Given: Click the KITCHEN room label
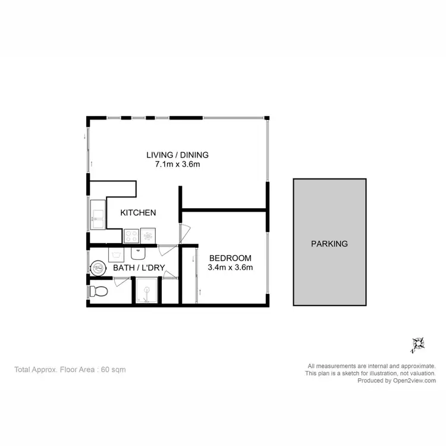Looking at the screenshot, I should (138, 212).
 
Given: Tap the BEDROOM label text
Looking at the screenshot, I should (230, 258).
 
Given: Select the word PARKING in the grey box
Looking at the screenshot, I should (329, 243).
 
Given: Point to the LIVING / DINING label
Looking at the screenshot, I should (177, 155).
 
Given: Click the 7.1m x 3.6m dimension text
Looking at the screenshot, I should (177, 165).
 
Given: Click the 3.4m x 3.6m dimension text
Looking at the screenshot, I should (231, 267).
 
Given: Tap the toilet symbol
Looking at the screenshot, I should (98, 292).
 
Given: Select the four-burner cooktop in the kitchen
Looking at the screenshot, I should (131, 236).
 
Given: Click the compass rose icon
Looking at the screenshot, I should (418, 343).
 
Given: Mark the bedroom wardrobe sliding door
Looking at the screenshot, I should (196, 277).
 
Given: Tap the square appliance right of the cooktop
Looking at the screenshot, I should (148, 236).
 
